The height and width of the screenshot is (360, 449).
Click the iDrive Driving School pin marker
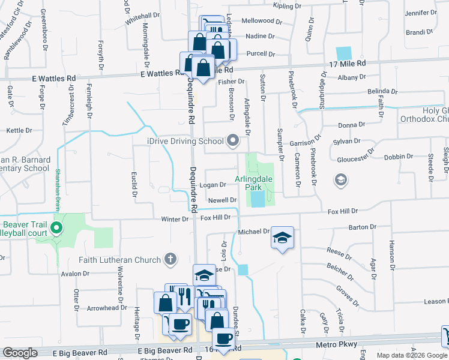(233, 142)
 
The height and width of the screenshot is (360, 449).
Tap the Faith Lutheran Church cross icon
(170, 260)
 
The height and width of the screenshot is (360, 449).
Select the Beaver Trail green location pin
(56, 228)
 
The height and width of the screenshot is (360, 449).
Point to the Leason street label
(435, 302)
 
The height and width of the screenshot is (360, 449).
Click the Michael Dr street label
(253, 231)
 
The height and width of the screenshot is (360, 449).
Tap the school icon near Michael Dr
(282, 238)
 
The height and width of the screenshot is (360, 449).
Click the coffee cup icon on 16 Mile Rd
(223, 338)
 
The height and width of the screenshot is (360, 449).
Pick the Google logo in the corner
(20, 353)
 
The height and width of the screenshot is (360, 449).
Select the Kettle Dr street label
(19, 130)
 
